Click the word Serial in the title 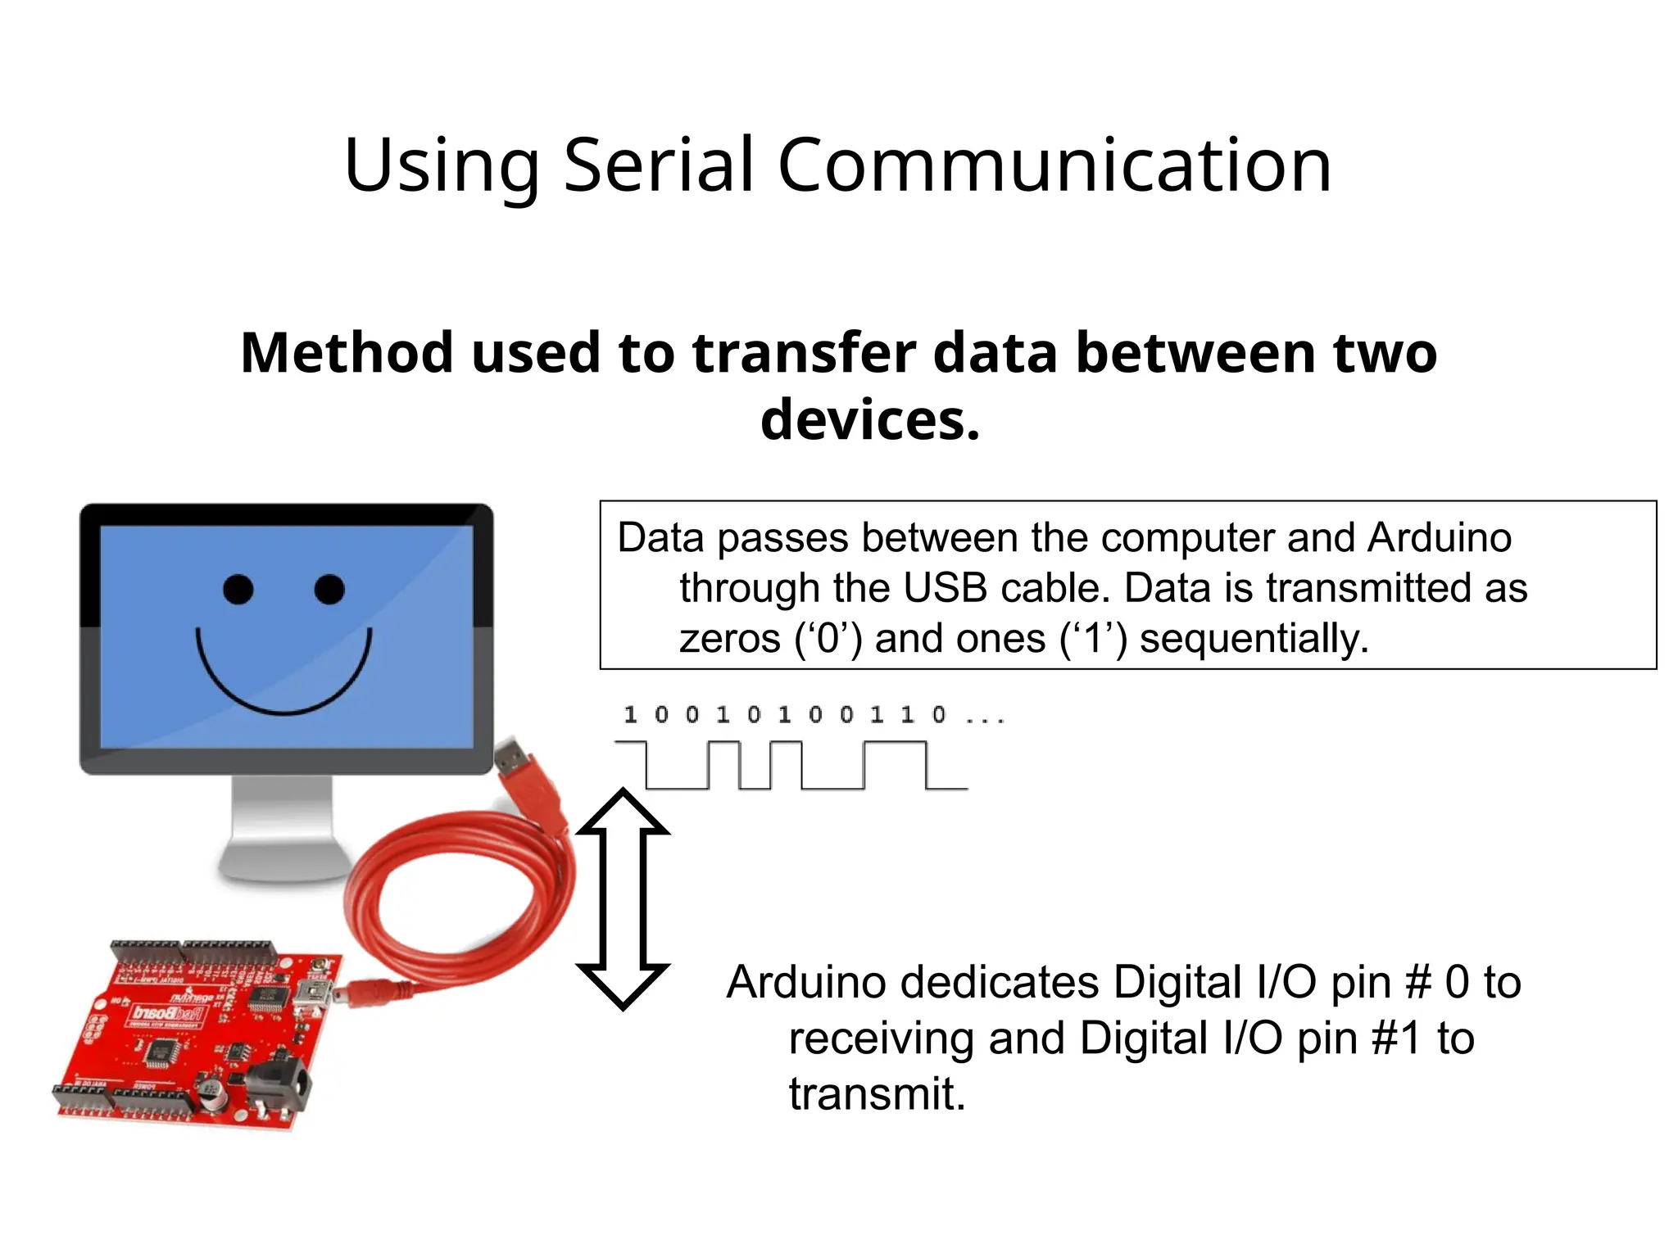click(x=658, y=165)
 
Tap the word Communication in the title click(x=1054, y=165)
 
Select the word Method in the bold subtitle click(x=347, y=353)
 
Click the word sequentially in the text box click(x=1254, y=639)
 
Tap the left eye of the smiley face click(x=238, y=590)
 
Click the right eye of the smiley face click(x=329, y=589)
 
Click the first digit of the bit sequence click(x=630, y=716)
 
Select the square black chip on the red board click(x=162, y=1051)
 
